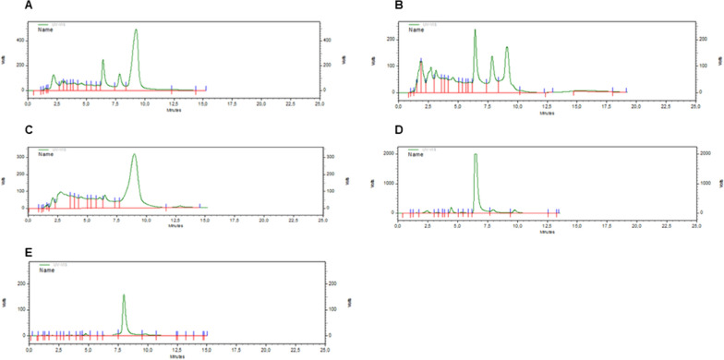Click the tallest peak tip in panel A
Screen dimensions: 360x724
(136, 30)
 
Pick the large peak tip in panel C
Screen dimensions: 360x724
(135, 154)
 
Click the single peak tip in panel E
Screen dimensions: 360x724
(124, 295)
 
